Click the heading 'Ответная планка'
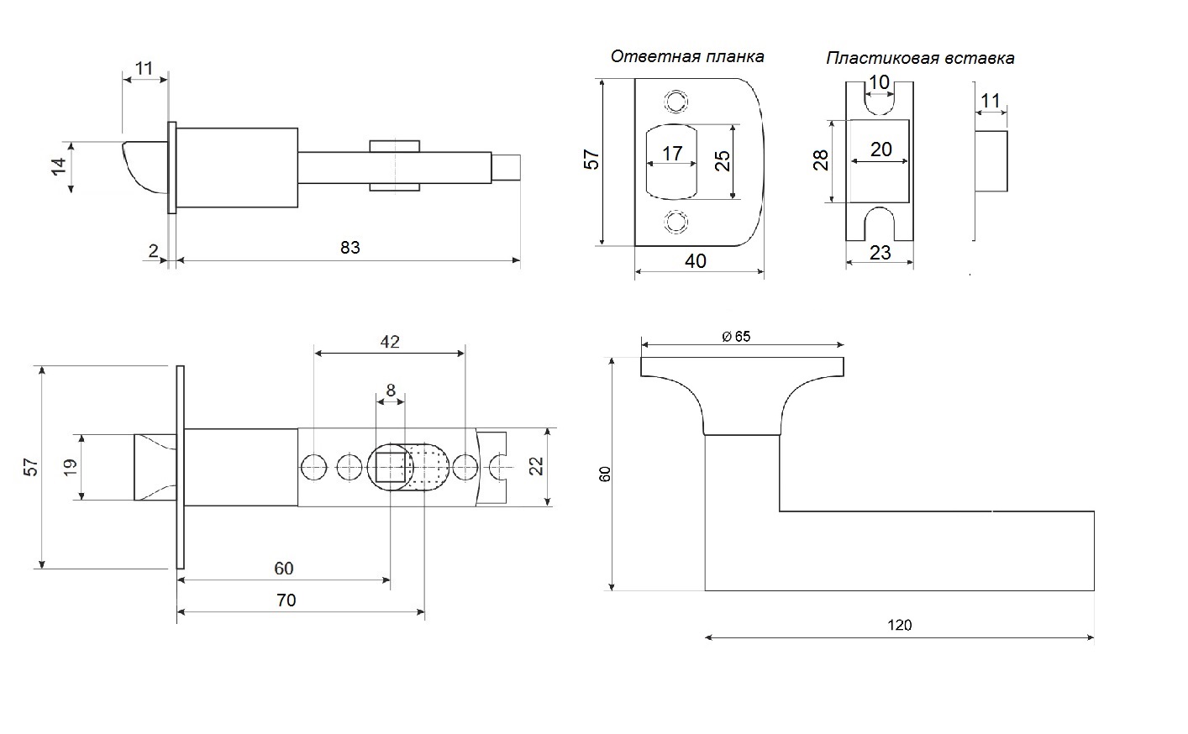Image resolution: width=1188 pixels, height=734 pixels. [687, 57]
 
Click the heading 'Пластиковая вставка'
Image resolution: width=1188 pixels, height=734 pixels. [920, 58]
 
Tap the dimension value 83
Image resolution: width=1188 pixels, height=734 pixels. [350, 248]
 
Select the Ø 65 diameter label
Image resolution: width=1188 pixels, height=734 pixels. [736, 337]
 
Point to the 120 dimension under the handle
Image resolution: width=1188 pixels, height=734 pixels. [900, 626]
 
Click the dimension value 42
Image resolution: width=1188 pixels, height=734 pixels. [390, 342]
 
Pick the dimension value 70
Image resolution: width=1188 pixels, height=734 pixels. [286, 600]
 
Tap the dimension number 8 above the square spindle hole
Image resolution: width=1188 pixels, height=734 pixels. [391, 390]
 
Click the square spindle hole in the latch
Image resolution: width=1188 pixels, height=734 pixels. [391, 467]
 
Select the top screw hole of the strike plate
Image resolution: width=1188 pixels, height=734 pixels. [676, 102]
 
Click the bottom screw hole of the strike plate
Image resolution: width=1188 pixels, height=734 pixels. [676, 222]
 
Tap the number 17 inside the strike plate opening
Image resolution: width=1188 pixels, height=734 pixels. [672, 154]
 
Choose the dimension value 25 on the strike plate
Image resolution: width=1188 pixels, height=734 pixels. [723, 161]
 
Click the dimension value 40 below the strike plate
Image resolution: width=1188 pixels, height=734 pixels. [696, 261]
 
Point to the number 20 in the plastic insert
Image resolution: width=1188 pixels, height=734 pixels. [881, 149]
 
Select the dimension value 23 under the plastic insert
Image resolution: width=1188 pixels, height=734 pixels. [880, 253]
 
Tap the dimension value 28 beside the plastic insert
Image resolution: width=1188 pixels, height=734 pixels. [821, 160]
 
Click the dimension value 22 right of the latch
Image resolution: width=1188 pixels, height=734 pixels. [536, 466]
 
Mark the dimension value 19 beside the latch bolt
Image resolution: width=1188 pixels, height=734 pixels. [70, 467]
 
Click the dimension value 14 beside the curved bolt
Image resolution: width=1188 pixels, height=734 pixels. [59, 166]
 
